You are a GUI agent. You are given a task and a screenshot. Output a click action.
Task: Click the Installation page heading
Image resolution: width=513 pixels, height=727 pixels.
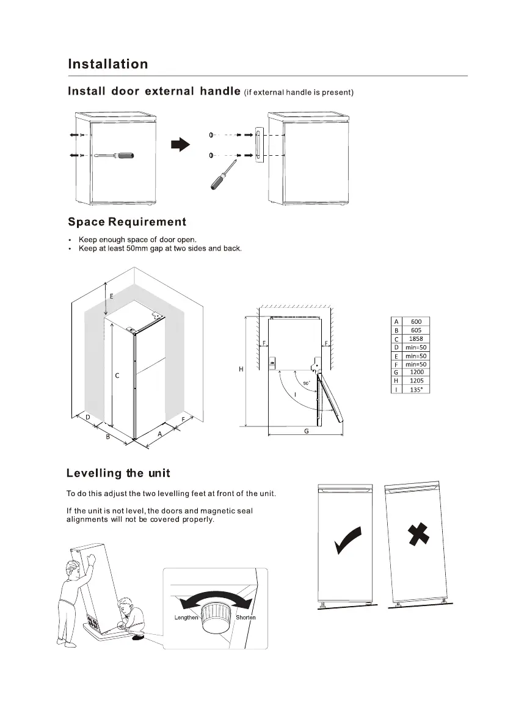click(107, 64)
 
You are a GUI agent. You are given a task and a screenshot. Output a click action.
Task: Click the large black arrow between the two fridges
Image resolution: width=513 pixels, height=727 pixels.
click(180, 144)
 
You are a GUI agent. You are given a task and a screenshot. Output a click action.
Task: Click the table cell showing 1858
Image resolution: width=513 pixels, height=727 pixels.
click(416, 338)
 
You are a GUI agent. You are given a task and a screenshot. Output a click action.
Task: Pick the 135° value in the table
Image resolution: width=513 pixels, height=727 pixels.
click(416, 389)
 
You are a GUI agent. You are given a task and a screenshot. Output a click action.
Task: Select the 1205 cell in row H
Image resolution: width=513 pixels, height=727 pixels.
click(416, 381)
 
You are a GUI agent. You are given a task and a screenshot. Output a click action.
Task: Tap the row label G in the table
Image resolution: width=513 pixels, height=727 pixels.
click(396, 372)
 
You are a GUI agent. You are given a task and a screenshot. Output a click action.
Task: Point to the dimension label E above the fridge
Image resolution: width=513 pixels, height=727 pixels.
click(111, 296)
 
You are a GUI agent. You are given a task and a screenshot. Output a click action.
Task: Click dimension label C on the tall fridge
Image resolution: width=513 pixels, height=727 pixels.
click(117, 376)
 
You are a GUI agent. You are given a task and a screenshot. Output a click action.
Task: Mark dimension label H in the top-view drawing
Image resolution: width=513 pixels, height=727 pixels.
click(241, 370)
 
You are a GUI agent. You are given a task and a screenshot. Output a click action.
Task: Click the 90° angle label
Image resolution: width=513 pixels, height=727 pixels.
click(306, 383)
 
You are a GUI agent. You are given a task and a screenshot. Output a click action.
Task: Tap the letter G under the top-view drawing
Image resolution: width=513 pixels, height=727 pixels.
click(306, 431)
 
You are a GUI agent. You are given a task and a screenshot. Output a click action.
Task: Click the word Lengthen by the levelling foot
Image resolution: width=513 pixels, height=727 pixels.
click(186, 618)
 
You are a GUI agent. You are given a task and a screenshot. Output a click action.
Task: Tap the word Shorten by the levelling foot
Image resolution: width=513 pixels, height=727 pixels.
click(246, 618)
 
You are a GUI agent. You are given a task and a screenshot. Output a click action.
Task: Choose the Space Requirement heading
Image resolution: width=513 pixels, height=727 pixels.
click(127, 222)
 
